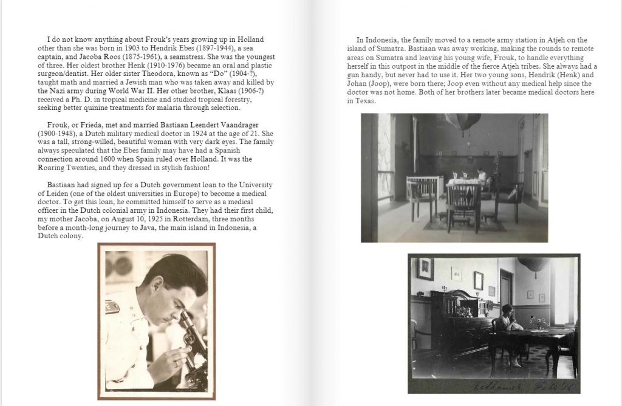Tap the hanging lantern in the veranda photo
pos(463,121)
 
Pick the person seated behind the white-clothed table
pos(482,176)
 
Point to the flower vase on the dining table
pos(535,322)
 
